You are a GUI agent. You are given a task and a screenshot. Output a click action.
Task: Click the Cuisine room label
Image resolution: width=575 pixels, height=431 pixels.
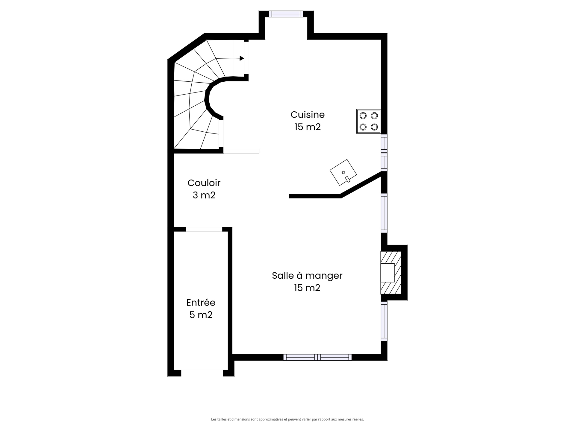(x=307, y=115)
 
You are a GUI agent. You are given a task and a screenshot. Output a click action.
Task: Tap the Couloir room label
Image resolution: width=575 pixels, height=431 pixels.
(x=204, y=183)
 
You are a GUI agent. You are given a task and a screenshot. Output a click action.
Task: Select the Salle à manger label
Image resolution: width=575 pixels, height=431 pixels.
(x=307, y=275)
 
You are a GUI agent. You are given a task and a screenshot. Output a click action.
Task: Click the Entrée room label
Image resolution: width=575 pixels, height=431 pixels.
(x=201, y=303)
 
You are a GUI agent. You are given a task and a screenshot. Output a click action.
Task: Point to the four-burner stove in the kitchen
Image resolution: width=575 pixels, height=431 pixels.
(x=368, y=121)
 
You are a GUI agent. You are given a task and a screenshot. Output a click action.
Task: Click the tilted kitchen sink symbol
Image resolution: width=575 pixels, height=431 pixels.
(x=343, y=172)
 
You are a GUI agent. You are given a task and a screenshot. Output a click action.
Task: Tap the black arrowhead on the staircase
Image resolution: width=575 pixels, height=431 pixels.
(x=241, y=58)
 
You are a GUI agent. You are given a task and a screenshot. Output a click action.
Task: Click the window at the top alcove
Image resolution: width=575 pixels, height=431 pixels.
(x=286, y=14)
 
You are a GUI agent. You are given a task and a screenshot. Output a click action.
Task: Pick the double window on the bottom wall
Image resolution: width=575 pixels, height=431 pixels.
(x=317, y=357)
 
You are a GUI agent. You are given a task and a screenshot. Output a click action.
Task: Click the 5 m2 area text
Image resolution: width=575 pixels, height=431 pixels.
(x=201, y=315)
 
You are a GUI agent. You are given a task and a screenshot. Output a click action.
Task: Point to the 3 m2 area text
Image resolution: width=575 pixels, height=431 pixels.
(x=204, y=195)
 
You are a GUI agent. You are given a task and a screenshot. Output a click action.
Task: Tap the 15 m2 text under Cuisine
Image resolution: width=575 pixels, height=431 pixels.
(x=307, y=127)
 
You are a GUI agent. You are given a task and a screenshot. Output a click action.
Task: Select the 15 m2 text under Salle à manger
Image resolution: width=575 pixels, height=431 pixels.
(x=307, y=288)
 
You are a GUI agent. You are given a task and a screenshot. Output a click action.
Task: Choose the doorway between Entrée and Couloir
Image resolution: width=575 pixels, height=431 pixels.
(x=204, y=229)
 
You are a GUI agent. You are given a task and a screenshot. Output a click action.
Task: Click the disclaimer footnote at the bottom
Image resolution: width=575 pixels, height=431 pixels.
(x=287, y=419)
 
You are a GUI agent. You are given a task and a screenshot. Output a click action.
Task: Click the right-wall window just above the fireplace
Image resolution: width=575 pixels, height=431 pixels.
(x=384, y=213)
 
